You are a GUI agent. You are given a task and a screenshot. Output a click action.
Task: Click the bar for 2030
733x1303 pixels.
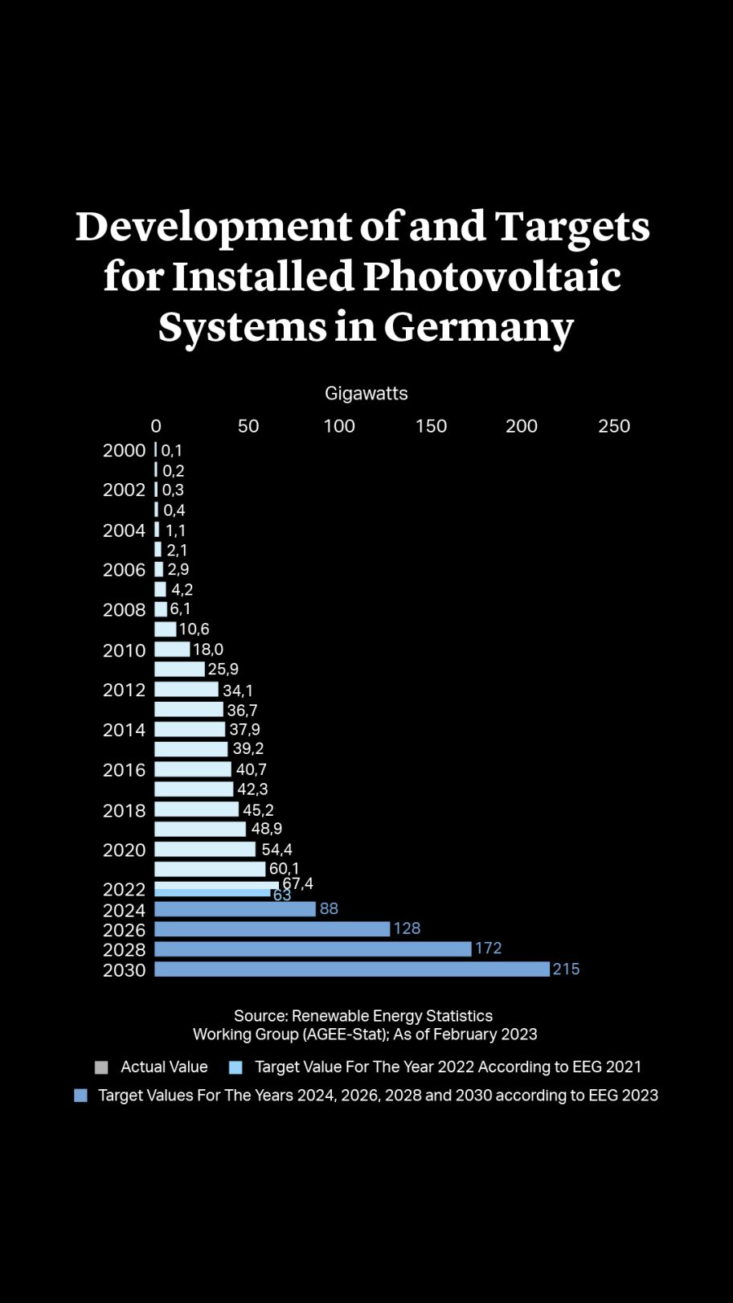point(351,969)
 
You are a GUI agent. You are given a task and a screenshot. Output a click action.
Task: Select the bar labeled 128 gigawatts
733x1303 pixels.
point(272,929)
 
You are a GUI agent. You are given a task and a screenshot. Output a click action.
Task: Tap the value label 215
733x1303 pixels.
point(566,969)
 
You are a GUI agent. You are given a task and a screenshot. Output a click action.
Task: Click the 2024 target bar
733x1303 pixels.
point(235,909)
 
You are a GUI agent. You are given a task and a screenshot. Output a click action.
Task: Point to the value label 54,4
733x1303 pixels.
point(276,849)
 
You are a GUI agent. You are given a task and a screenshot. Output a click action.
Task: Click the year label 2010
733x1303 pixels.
point(124,650)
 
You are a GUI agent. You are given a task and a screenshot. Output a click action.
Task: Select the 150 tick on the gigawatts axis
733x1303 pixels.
point(431,426)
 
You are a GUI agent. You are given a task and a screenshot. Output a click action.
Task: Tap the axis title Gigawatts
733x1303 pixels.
point(366,393)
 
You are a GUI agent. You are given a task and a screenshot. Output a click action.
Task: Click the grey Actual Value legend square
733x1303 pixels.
point(101,1067)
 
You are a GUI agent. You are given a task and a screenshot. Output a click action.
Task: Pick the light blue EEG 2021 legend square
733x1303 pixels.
point(235,1067)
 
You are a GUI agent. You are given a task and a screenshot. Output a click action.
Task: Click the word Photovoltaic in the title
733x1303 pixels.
point(491,276)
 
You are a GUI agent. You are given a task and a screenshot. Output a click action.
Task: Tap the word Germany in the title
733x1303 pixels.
point(479,326)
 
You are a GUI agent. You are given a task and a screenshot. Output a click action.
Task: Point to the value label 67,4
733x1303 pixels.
point(297,883)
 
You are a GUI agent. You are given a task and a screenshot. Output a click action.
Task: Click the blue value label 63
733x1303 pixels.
point(282,895)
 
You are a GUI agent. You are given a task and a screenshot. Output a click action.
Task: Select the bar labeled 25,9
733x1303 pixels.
point(179,669)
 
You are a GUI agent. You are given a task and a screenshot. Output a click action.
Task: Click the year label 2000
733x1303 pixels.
point(124,450)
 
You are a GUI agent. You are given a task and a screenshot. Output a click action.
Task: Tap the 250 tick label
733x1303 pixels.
point(614,426)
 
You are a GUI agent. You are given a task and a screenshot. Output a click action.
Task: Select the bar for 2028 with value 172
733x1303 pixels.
point(313,949)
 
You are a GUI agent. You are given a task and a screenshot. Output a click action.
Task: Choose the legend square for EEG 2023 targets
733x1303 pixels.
point(80,1096)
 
